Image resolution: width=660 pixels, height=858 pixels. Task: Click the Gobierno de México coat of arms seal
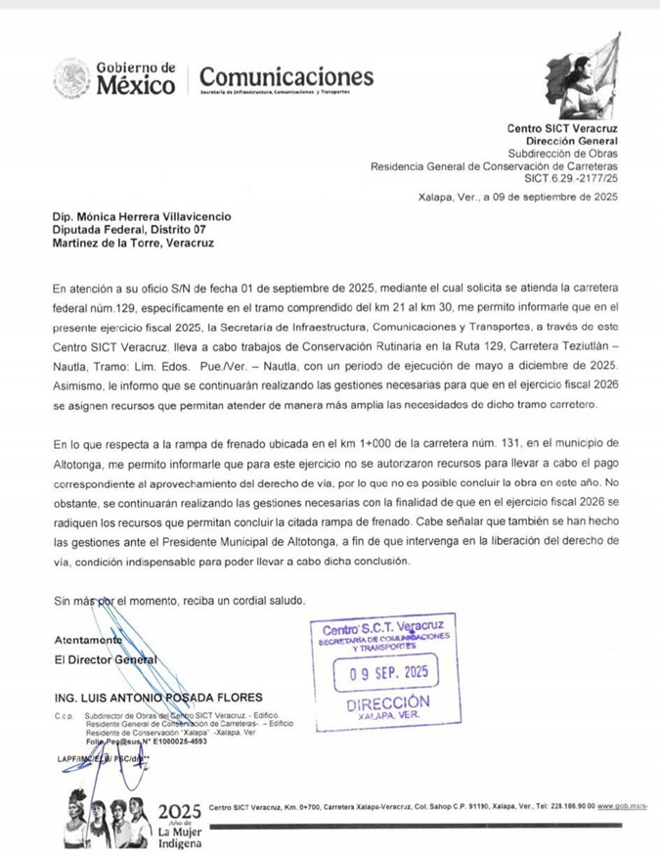click(71, 78)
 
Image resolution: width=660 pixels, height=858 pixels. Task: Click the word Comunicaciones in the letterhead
click(286, 75)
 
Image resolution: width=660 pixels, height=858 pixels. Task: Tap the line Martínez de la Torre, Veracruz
click(133, 243)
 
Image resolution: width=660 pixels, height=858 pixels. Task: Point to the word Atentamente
click(88, 640)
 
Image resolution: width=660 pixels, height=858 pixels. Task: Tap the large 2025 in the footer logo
click(179, 811)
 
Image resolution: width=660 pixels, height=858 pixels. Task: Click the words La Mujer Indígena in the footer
click(180, 837)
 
